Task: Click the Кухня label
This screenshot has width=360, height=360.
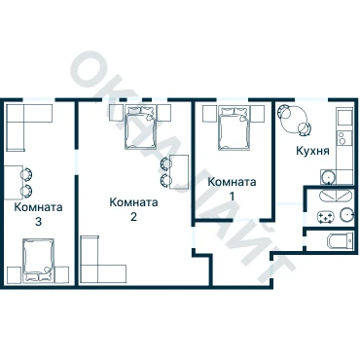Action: click(312, 151)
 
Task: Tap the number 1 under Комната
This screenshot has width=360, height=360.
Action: click(233, 196)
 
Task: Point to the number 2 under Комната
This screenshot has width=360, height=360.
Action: click(133, 216)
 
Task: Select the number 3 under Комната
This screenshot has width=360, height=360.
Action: click(38, 222)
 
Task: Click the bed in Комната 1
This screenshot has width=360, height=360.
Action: click(234, 128)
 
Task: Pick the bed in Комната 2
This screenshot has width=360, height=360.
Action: click(141, 127)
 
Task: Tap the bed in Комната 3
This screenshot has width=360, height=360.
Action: click(38, 261)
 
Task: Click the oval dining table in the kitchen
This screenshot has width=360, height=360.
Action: click(294, 121)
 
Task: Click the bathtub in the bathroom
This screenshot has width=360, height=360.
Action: click(336, 196)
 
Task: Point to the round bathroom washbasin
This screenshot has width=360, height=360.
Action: click(346, 215)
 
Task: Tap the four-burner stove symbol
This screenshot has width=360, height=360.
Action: click(325, 217)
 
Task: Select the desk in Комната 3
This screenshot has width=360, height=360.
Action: click(14, 183)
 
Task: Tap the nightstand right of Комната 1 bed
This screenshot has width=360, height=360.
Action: click(258, 113)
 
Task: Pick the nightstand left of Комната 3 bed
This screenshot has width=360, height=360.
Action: click(15, 275)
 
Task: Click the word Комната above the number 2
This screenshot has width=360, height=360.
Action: click(133, 202)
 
